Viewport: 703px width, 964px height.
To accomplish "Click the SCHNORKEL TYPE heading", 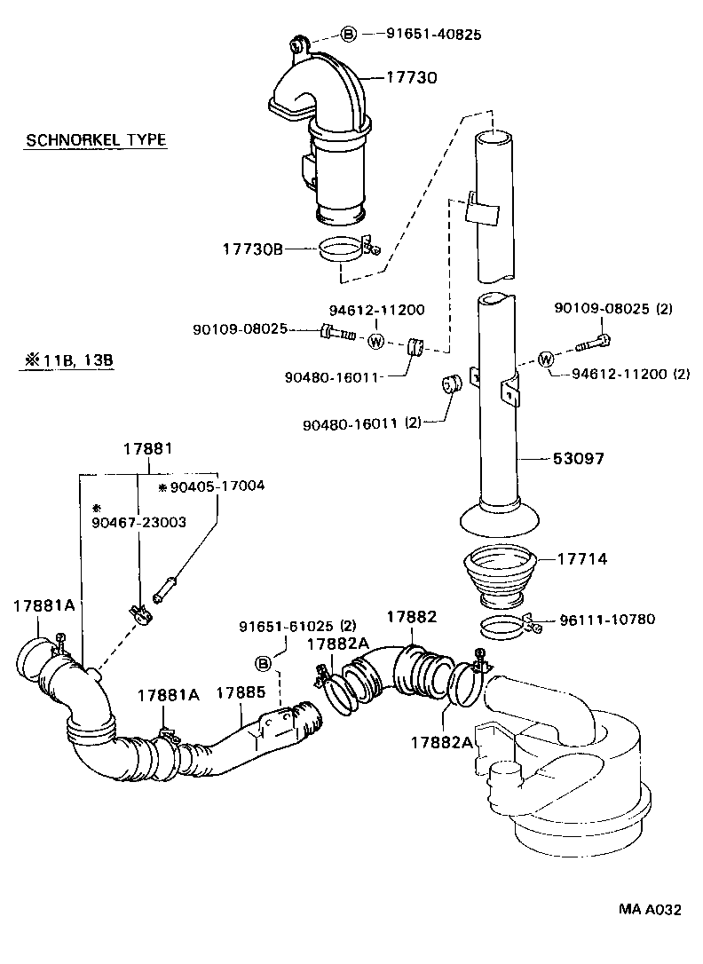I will (x=96, y=140).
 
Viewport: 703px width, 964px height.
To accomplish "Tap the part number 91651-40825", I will (x=434, y=35).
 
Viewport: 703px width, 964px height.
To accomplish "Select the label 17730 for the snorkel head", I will (x=411, y=78).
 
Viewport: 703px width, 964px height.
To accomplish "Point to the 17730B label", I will (x=252, y=250).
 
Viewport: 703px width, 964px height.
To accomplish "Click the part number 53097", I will (x=579, y=459).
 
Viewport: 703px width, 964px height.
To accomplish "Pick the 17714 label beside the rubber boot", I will (x=582, y=559).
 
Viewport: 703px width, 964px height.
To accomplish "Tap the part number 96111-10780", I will (x=607, y=619).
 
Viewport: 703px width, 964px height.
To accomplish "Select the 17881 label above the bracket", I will (x=147, y=450).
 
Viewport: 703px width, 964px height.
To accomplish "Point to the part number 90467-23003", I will (x=138, y=522).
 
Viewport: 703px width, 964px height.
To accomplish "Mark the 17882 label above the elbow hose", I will (x=411, y=616).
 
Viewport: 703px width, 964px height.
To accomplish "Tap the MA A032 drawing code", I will (x=651, y=935).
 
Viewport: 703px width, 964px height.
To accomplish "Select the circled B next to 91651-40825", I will (x=349, y=35).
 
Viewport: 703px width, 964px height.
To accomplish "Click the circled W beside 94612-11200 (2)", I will (x=546, y=359).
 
